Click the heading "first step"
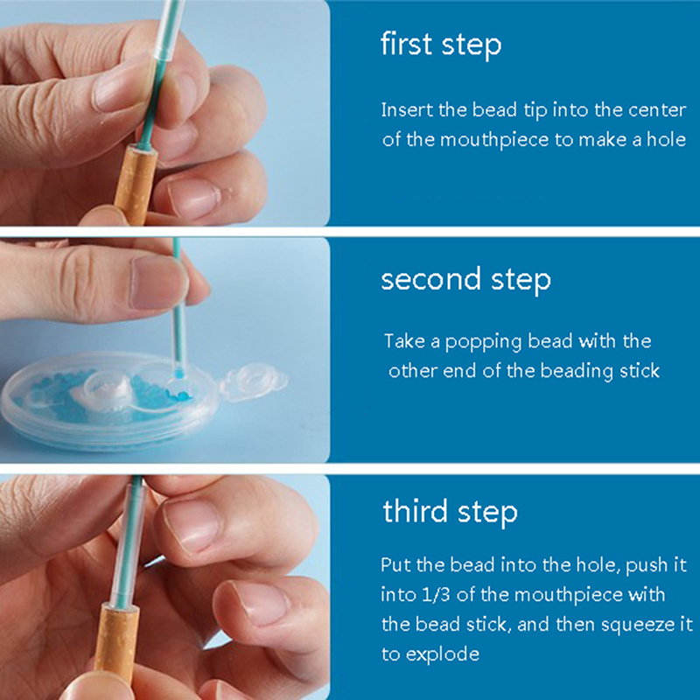[441, 45]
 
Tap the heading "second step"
[466, 280]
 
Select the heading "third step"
[450, 512]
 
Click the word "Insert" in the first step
[407, 110]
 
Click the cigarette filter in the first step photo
[135, 184]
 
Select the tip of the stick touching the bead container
[178, 373]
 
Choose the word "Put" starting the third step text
[395, 565]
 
